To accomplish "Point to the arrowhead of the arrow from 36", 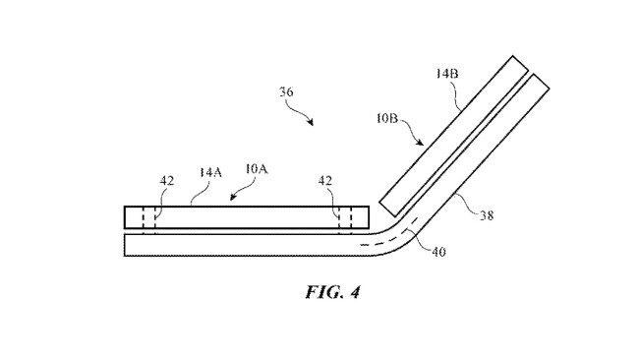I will pyautogui.click(x=313, y=125).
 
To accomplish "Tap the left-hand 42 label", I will pyautogui.click(x=168, y=182).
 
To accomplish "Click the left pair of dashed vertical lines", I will pyautogui.click(x=148, y=217).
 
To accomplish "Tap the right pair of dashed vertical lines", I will pyautogui.click(x=343, y=217).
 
